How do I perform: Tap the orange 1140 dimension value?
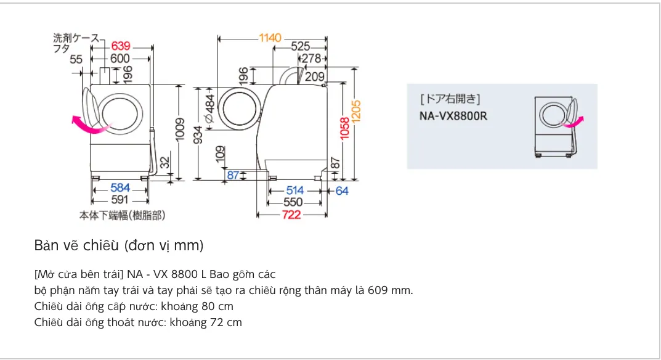pyautogui.click(x=270, y=38)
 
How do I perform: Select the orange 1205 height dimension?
pyautogui.click(x=356, y=110)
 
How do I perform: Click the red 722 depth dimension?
pyautogui.click(x=291, y=215)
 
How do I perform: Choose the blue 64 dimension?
pyautogui.click(x=342, y=191)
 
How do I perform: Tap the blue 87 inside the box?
pyautogui.click(x=233, y=176)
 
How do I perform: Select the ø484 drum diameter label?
pyautogui.click(x=209, y=110)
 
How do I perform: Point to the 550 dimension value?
pyautogui.click(x=293, y=202)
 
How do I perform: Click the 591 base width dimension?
pyautogui.click(x=120, y=200)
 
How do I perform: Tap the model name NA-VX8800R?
pyautogui.click(x=453, y=115)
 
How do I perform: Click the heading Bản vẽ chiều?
pyautogui.click(x=119, y=246)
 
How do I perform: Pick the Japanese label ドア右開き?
pyautogui.click(x=450, y=99)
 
